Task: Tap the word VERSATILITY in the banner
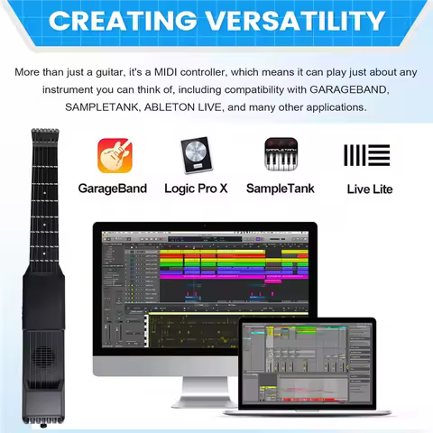click(x=288, y=21)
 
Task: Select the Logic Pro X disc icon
click(x=195, y=154)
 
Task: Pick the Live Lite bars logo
click(x=369, y=154)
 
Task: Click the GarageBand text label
click(x=113, y=189)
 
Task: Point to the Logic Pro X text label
click(x=195, y=189)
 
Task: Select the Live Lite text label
click(x=369, y=189)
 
